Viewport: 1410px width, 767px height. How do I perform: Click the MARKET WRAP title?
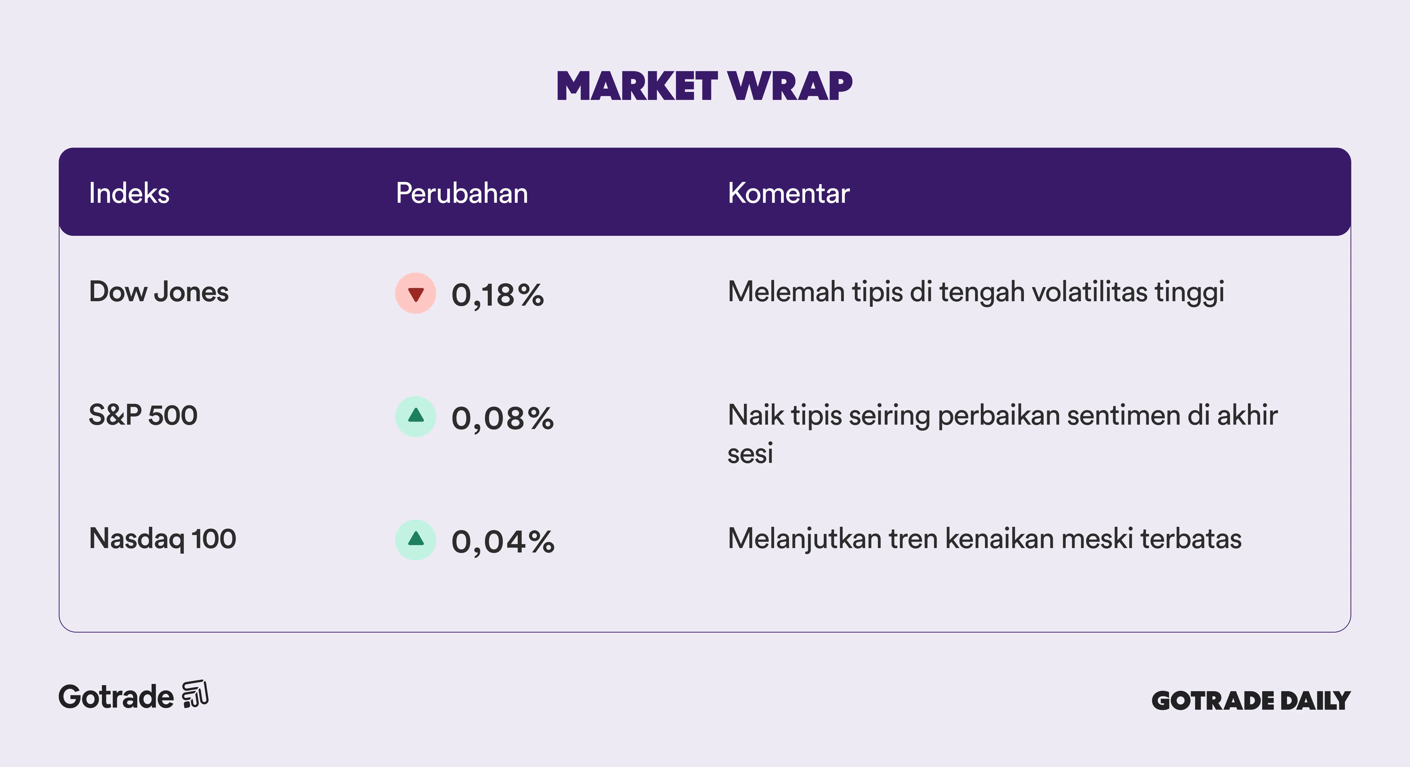pyautogui.click(x=705, y=86)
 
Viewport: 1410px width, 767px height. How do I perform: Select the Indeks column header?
pyautogui.click(x=129, y=193)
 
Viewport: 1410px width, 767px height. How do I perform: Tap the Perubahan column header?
pyautogui.click(x=462, y=193)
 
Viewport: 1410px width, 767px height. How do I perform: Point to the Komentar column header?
pyautogui.click(x=789, y=193)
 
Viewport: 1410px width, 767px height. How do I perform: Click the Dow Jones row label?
pyautogui.click(x=159, y=292)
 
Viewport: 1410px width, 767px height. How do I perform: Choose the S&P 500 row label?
pyautogui.click(x=143, y=415)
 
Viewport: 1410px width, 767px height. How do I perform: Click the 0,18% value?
pyautogui.click(x=498, y=296)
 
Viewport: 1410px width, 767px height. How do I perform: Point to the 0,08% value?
pyautogui.click(x=503, y=419)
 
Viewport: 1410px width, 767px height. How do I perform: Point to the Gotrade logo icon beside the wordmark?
pyautogui.click(x=195, y=694)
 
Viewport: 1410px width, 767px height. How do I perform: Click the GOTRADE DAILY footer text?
pyautogui.click(x=1251, y=701)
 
